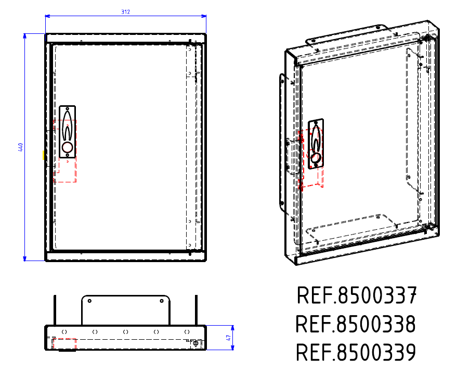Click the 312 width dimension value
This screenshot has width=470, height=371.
coord(125,11)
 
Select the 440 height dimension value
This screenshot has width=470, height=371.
coord(20,147)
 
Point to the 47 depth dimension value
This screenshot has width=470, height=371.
coord(228,338)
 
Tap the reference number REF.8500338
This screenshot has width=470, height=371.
coord(356,324)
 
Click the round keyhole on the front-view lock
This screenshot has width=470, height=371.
coord(67,147)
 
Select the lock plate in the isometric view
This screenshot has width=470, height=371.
coord(316,143)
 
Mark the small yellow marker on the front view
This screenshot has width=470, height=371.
coord(43,155)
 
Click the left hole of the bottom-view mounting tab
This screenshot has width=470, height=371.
coord(89,301)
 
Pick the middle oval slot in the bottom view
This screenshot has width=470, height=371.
coord(125,331)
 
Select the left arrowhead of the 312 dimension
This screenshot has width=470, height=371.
coord(47,16)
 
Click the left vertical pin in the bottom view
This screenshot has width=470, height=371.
coord(55,310)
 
